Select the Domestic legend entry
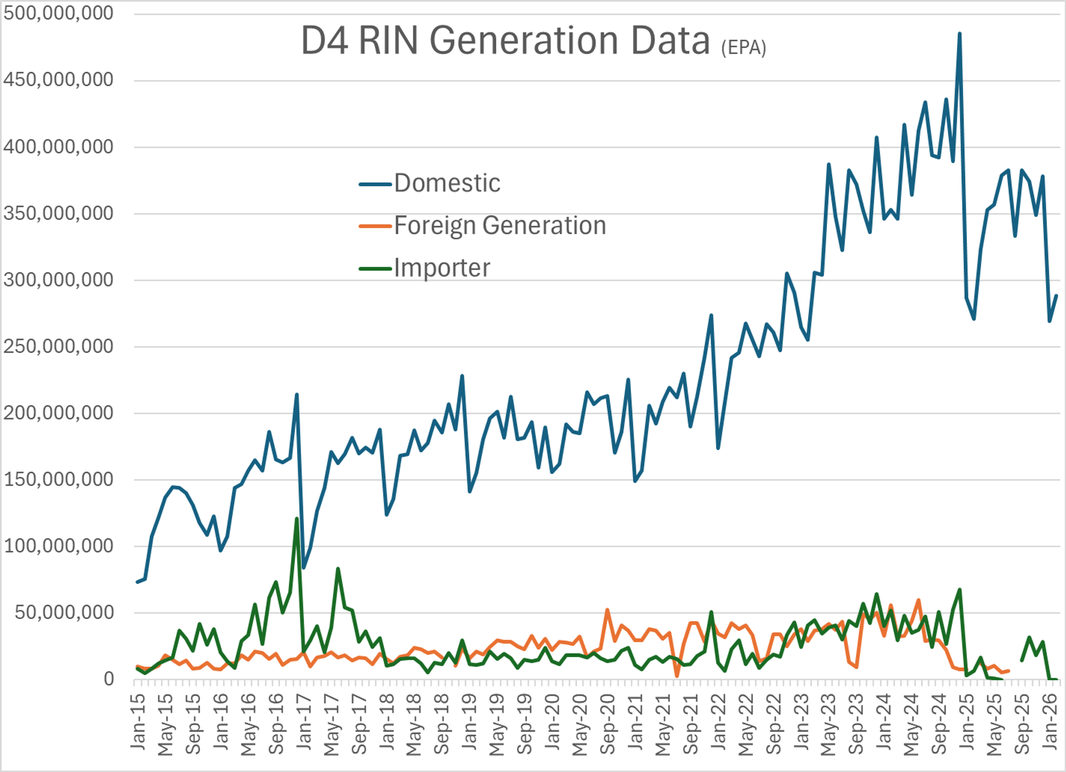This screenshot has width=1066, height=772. click(x=446, y=183)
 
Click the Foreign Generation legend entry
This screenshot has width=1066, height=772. click(x=500, y=225)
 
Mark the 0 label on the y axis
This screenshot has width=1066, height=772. click(x=109, y=679)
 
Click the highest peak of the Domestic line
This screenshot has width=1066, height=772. click(x=959, y=34)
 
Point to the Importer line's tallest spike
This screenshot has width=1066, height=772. click(x=296, y=519)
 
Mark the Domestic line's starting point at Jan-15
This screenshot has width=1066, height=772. click(x=137, y=582)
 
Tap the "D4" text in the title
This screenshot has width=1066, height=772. click(x=324, y=41)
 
